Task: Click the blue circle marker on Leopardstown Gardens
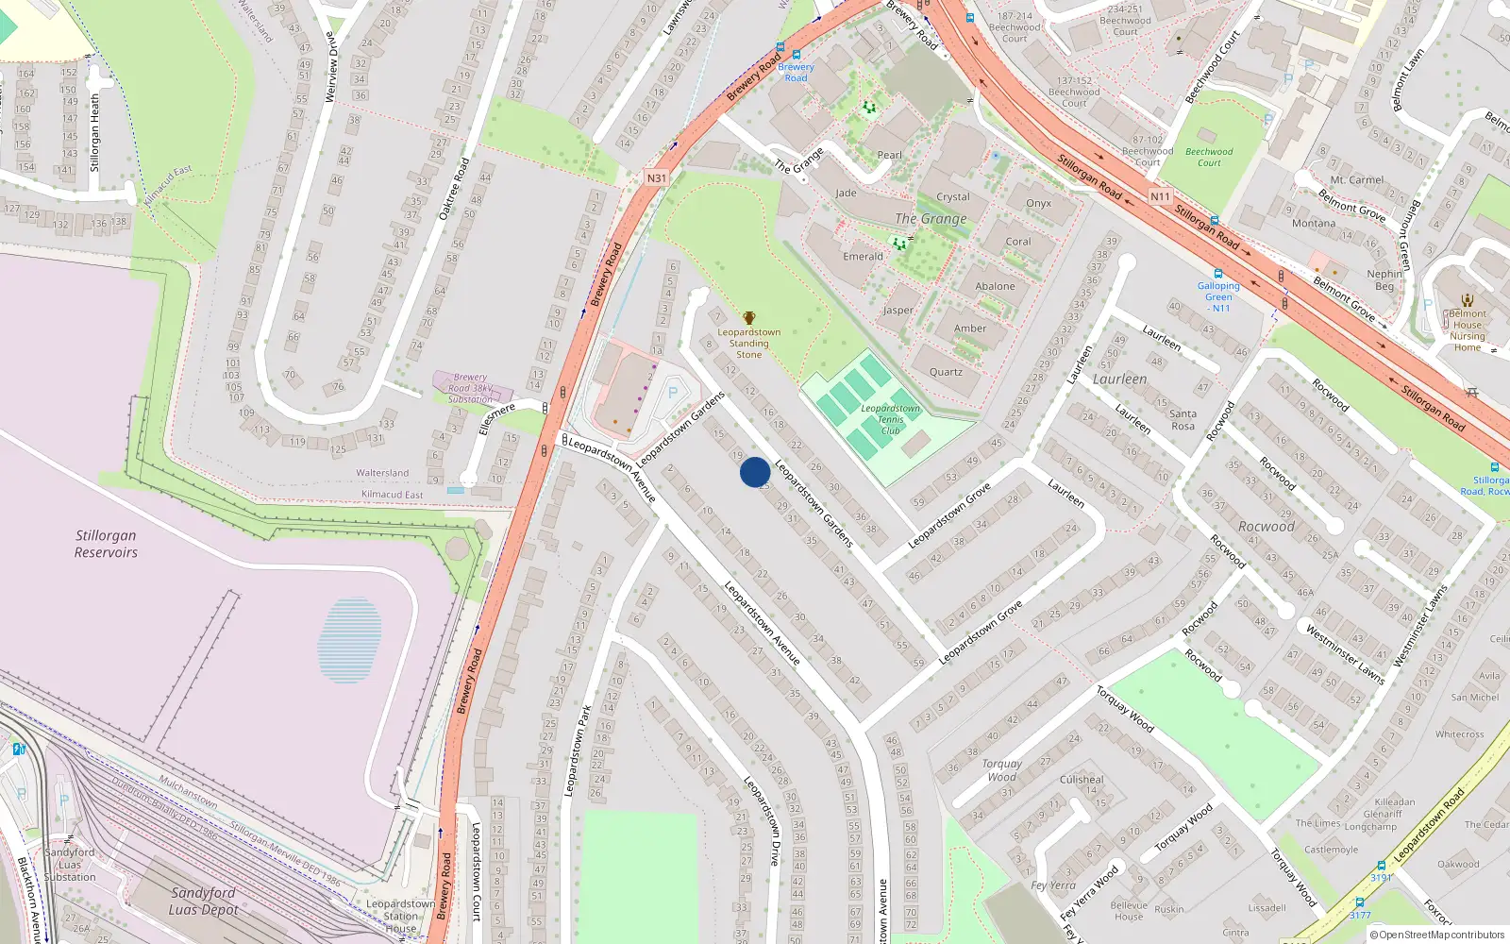click(x=754, y=471)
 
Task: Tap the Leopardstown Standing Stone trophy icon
click(x=749, y=318)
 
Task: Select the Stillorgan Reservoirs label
click(x=106, y=544)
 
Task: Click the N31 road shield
click(x=656, y=177)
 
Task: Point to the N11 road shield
click(x=1160, y=196)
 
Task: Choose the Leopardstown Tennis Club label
click(x=890, y=419)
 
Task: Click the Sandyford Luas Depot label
click(x=203, y=901)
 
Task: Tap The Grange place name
click(x=931, y=218)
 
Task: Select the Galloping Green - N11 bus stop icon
click(x=1218, y=274)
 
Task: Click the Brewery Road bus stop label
click(x=796, y=72)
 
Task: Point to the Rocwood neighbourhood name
click(x=1266, y=526)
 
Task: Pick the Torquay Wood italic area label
click(x=1001, y=769)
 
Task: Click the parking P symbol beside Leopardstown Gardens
click(x=673, y=393)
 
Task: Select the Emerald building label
click(x=863, y=256)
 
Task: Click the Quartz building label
click(x=946, y=372)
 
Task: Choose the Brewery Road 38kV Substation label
click(x=470, y=388)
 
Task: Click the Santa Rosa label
click(x=1183, y=420)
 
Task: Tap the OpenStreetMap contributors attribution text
click(x=1437, y=935)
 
